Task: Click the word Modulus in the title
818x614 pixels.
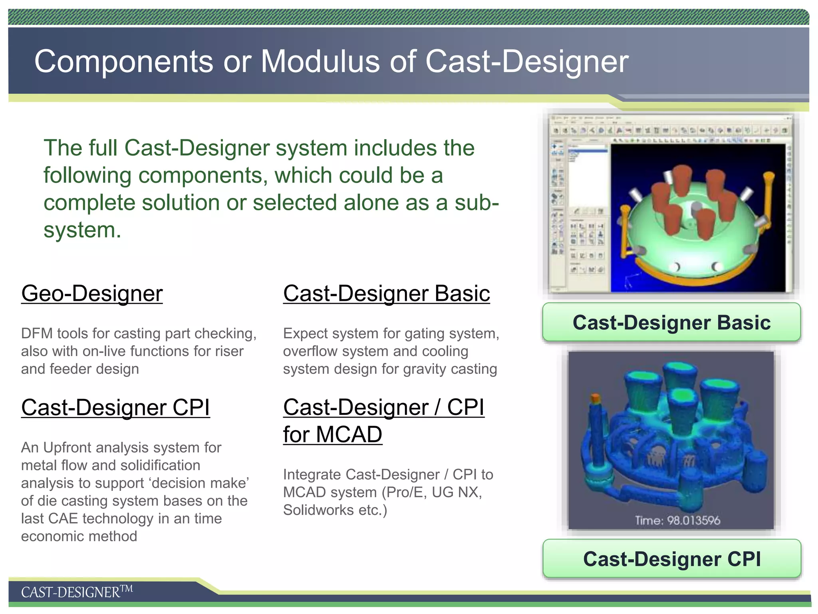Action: click(320, 62)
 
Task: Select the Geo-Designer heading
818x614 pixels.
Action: click(92, 293)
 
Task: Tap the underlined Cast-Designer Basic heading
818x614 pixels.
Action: click(386, 293)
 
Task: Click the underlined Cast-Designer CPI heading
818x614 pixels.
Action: click(115, 407)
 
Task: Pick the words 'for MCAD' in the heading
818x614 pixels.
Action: click(332, 435)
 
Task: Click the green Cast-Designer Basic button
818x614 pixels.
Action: click(671, 322)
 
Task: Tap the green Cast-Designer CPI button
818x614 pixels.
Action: click(671, 558)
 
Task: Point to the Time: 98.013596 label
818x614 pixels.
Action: click(677, 520)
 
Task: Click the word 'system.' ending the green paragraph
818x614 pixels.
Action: click(82, 230)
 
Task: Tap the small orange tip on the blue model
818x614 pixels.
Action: click(595, 399)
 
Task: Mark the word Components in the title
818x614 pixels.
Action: click(123, 62)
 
